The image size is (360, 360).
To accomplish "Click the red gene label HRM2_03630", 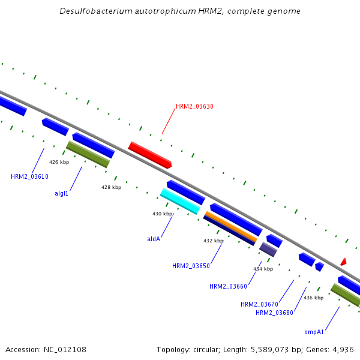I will coord(194,106).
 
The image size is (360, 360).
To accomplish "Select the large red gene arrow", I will coord(150,155).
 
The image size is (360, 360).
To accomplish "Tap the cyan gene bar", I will coord(180,201).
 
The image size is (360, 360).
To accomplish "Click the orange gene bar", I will coord(231,226).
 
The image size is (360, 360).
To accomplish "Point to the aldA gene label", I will coord(154,239).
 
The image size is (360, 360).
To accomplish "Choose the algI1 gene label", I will coord(61,193).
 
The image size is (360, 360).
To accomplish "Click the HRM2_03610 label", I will coord(29,176).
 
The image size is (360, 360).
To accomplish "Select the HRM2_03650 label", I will coord(191,266).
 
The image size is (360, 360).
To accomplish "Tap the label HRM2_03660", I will coord(228,286).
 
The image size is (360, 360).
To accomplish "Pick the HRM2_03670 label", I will coord(259,304).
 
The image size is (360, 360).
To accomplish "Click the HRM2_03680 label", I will coord(274,313).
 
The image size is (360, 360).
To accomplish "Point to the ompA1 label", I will coord(314,332).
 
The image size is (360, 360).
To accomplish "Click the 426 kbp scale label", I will coord(59,162).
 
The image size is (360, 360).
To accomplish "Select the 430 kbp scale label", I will coord(163,214).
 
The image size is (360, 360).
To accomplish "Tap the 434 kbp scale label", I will coord(263,269).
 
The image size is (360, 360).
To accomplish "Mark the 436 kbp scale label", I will coord(313,298).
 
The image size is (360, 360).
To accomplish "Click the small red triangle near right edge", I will coord(343,262).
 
